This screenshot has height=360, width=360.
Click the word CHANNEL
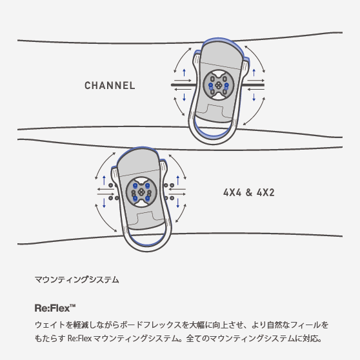(x=110, y=86)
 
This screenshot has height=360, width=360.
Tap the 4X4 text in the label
(x=232, y=192)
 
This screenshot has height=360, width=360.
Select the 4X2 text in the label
(x=266, y=192)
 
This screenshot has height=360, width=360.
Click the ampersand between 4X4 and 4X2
(x=249, y=192)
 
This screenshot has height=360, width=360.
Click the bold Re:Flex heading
(x=52, y=308)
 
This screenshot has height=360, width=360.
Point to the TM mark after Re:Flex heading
(x=72, y=306)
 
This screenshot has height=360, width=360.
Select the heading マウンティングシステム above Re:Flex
(x=77, y=279)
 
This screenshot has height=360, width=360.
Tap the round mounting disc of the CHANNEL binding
(x=218, y=85)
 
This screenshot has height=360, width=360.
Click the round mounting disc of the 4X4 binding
(x=141, y=192)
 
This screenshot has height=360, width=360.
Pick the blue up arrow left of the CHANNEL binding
(x=184, y=72)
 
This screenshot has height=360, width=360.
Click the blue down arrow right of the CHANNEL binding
(x=254, y=97)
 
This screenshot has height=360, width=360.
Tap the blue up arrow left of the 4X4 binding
(x=105, y=180)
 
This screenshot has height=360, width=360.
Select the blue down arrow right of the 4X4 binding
(x=178, y=203)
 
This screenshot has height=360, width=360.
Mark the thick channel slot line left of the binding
(x=183, y=85)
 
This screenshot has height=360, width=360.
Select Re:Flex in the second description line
(x=79, y=338)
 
